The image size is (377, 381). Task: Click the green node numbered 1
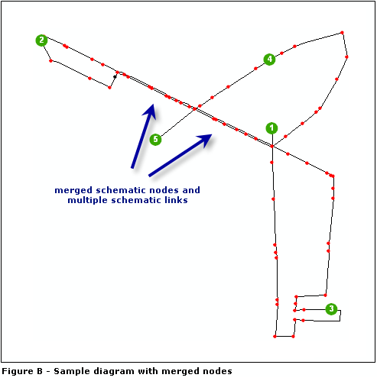click(272, 128)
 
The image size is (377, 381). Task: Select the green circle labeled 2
click(41, 40)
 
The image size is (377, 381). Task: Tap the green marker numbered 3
click(331, 309)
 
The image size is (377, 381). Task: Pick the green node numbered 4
click(269, 59)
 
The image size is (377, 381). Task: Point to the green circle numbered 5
click(155, 139)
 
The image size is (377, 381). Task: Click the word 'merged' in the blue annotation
click(73, 189)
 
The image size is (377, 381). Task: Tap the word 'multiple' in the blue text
click(87, 200)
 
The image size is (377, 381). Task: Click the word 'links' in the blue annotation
click(176, 200)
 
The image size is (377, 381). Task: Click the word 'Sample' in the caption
click(76, 371)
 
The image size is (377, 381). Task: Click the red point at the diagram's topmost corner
click(342, 32)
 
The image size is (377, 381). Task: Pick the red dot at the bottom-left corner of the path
click(274, 336)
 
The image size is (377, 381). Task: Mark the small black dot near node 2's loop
click(115, 76)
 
